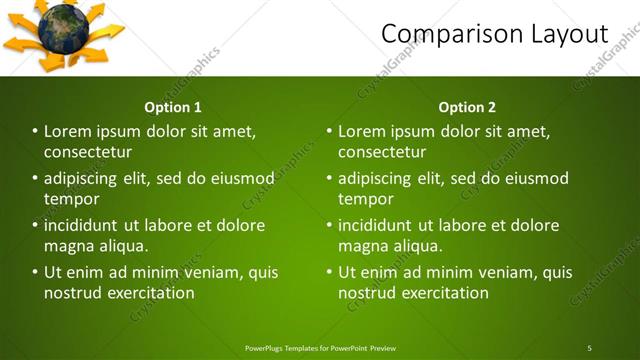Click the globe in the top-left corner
click(x=63, y=28)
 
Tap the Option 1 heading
click(x=173, y=107)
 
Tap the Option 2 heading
click(x=467, y=107)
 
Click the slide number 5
click(x=589, y=348)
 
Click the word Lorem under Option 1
click(x=67, y=131)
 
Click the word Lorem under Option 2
click(x=361, y=131)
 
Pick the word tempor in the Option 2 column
click(x=365, y=199)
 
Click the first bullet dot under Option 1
click(x=35, y=131)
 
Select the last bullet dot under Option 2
click(x=329, y=272)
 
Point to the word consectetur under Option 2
click(x=382, y=152)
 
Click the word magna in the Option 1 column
click(x=67, y=246)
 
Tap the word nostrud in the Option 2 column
click(x=366, y=293)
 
